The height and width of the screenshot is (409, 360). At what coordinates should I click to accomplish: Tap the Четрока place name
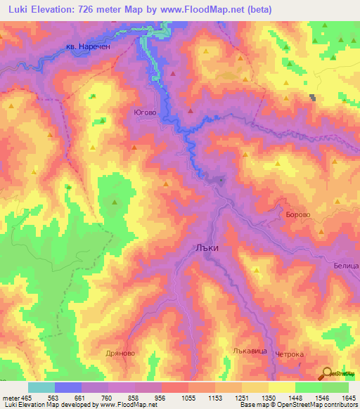289,354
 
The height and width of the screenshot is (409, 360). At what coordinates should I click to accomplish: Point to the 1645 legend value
347,398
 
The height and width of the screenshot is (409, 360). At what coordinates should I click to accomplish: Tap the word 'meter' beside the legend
11,398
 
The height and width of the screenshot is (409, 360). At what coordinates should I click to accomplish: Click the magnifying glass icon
326,374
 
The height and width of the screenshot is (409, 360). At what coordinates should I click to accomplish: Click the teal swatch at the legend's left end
41,387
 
